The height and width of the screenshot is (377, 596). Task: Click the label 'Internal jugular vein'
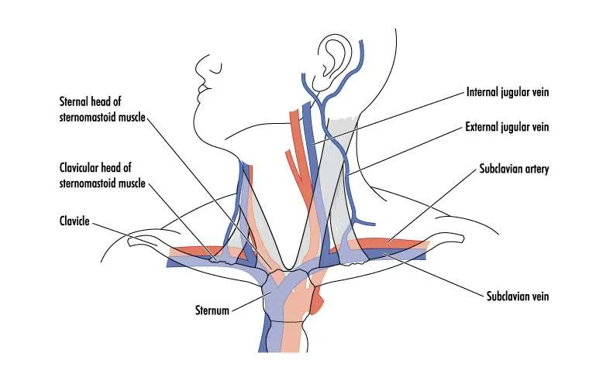(507, 91)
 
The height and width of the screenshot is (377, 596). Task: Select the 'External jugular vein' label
(507, 126)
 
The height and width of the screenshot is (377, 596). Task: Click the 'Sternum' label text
(211, 311)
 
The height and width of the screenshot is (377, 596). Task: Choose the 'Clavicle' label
(74, 221)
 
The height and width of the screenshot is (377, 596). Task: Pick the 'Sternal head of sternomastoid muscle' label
(101, 108)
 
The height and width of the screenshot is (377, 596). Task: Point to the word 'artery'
(536, 169)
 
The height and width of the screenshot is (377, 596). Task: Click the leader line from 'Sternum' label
(248, 302)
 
